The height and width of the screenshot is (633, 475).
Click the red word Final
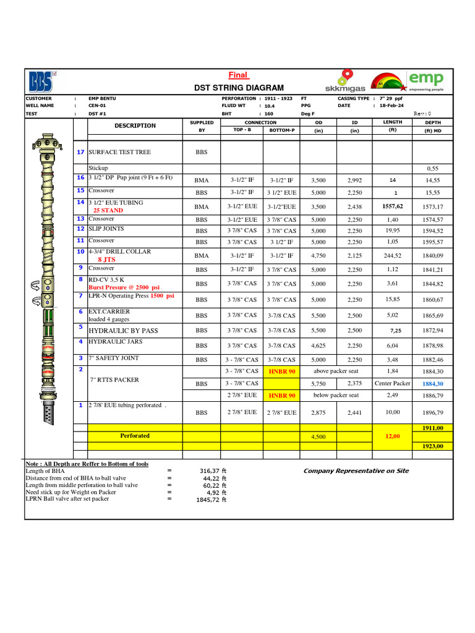pos(238,75)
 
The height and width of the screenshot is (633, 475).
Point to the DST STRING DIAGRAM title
pos(239,88)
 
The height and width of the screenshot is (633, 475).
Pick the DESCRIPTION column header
pos(135,125)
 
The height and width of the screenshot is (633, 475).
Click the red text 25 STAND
pos(108,210)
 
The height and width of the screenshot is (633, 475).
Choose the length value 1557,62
pos(392,206)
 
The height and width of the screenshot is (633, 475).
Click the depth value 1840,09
pos(432,255)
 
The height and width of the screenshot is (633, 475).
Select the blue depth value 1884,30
pos(432,384)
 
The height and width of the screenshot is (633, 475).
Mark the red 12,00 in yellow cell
pos(392,436)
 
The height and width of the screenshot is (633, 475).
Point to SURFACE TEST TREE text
pos(119,152)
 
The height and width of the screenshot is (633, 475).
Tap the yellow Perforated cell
pos(135,436)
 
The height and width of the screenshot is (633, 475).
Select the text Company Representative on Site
pos(356,471)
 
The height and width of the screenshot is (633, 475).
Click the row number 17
pos(80,152)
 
